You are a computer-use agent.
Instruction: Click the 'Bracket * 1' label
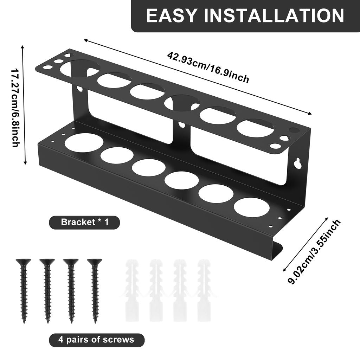click(84, 222)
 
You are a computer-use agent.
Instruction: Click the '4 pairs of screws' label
click(96, 340)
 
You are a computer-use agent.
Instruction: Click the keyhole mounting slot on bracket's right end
click(298, 163)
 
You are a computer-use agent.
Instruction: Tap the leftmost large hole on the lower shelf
click(84, 142)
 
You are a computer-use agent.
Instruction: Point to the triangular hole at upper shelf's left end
click(67, 56)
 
